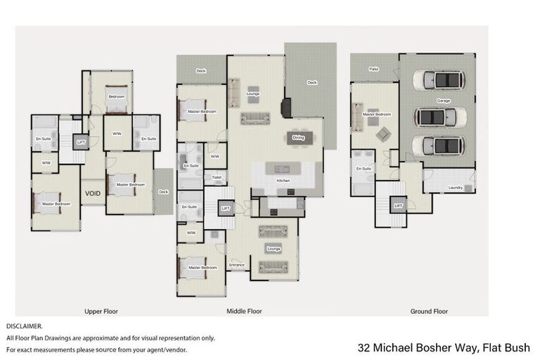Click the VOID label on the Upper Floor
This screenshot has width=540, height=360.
92,193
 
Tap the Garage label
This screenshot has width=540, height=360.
443,101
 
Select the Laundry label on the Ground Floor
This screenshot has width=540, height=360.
455,187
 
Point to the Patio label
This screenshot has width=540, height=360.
374,69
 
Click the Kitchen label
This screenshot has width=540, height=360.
283,181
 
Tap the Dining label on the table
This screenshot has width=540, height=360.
298,138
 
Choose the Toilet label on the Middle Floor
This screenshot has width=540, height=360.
216,178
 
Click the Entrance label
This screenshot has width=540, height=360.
237,265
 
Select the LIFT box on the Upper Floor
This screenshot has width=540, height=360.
81,142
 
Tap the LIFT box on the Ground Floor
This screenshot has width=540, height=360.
398,205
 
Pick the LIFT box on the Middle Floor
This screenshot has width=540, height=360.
226,209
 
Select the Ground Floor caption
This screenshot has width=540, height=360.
429,311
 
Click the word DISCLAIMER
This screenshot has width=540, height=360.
25,326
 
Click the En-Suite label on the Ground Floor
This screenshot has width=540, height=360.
364,169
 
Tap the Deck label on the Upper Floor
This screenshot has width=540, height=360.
163,191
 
